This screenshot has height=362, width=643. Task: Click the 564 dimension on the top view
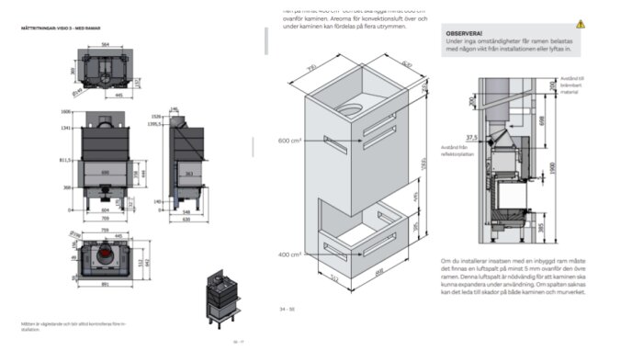(106, 44)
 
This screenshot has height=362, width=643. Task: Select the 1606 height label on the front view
(65, 110)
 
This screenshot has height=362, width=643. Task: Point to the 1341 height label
(65, 129)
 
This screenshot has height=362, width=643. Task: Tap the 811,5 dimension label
(66, 159)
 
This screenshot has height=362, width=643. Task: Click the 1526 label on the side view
(156, 118)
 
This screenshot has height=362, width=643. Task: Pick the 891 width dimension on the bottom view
(107, 284)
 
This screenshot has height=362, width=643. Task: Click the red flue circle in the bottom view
(107, 253)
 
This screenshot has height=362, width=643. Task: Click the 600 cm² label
(290, 141)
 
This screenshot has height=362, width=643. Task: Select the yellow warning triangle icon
(581, 24)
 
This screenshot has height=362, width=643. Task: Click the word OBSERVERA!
(464, 33)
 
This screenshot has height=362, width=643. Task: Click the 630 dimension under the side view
(187, 221)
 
